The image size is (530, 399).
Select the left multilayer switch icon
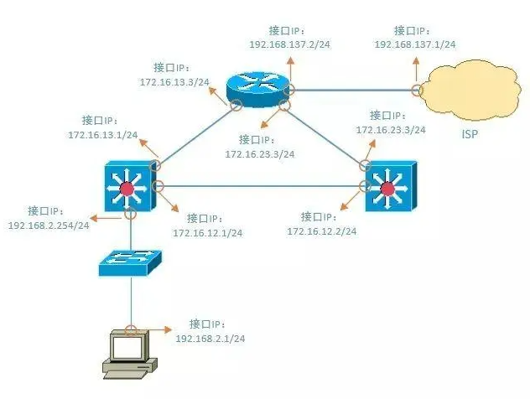tap(127, 187)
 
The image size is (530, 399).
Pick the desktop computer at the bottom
tap(128, 351)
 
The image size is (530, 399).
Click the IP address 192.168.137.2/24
tap(289, 43)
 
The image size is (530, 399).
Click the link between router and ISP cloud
tap(352, 90)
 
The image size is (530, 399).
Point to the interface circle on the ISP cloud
tap(416, 90)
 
